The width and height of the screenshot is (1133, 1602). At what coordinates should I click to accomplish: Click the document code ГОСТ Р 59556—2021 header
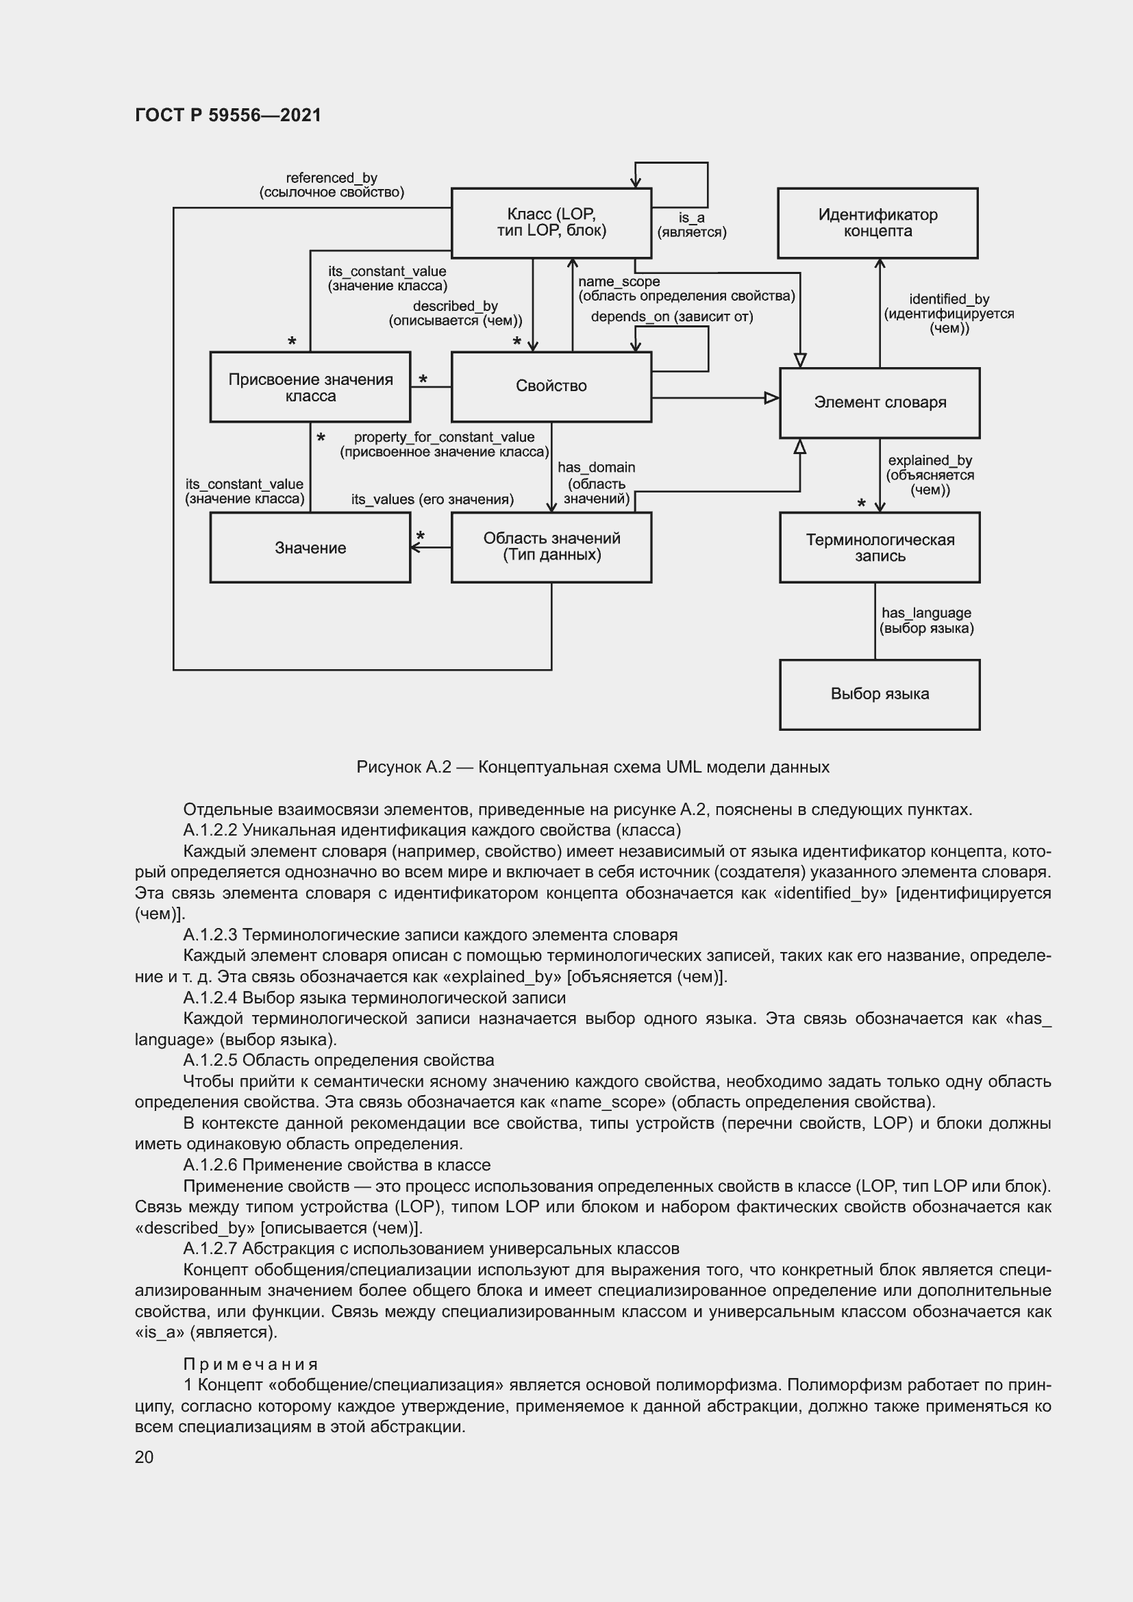point(228,115)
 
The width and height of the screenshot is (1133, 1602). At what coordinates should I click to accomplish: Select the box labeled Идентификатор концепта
point(877,223)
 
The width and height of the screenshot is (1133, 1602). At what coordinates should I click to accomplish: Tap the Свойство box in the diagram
point(551,386)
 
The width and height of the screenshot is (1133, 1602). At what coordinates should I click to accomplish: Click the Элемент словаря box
point(879,403)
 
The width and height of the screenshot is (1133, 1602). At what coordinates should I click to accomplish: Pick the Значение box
point(310,548)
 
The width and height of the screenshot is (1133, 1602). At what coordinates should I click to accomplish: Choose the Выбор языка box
point(879,694)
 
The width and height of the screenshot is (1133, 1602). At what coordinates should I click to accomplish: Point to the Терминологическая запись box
point(879,548)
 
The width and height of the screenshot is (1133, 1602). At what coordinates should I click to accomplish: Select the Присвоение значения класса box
point(310,387)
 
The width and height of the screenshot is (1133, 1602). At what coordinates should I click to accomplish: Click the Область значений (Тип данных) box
point(551,547)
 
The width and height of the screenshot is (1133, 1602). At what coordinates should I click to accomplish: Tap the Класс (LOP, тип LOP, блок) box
point(551,223)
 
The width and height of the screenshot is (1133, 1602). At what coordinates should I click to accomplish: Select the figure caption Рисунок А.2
point(593,768)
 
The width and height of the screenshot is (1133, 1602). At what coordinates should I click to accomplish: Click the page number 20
point(145,1457)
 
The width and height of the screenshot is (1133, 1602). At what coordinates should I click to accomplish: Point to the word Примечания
point(251,1364)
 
